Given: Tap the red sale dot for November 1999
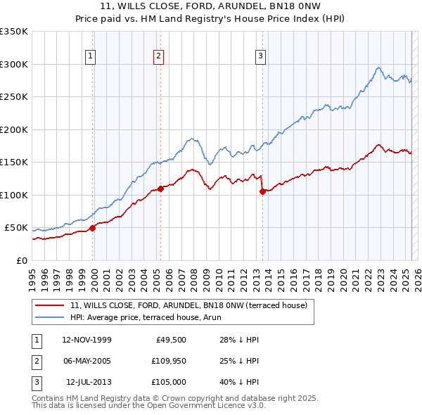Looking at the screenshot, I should (x=92, y=227).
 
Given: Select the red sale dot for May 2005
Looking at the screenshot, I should (x=160, y=188).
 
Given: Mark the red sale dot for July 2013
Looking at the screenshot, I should (x=262, y=191).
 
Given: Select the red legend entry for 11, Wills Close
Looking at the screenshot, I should (x=188, y=305).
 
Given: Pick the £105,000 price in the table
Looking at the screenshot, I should (x=167, y=382).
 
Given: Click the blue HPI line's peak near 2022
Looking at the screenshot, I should (x=378, y=68).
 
